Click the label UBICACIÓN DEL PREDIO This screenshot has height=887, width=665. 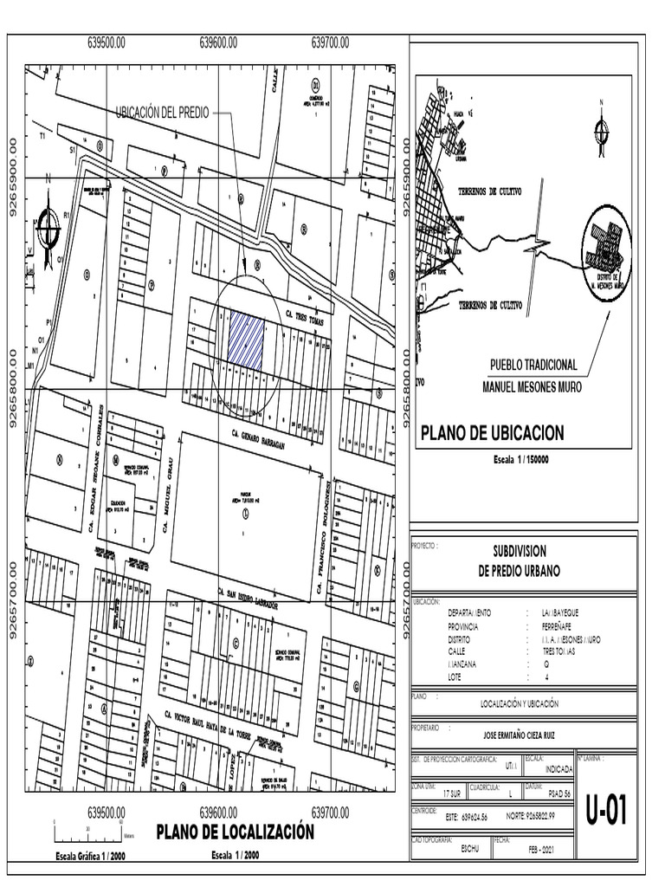click(x=162, y=113)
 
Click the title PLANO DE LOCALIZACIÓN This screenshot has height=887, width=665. click(x=234, y=832)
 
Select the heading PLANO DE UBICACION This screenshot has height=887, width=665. click(x=492, y=433)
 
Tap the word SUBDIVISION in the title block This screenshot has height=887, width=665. click(x=520, y=552)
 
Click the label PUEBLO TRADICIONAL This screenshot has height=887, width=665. click(x=533, y=366)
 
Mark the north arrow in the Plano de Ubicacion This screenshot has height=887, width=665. click(x=598, y=129)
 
